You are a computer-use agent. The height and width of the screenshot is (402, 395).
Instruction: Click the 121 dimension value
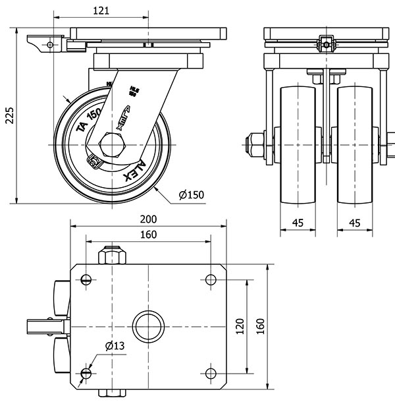[x=101, y=11]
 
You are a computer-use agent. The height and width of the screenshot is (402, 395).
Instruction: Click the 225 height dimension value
[x=9, y=115]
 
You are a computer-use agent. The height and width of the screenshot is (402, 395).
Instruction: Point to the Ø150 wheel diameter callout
[x=190, y=194]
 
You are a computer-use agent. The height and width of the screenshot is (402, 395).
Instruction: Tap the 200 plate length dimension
[x=147, y=219]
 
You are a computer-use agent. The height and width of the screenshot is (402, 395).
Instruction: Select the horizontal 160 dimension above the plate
[x=147, y=235]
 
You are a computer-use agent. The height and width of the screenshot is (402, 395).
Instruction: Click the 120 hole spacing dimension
[x=240, y=326]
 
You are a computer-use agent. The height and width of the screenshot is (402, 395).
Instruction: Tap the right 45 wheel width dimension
[x=354, y=223]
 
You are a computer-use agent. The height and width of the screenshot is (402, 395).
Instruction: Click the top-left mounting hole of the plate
[x=86, y=279]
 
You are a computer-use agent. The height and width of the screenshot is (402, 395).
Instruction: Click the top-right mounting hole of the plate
[x=211, y=279]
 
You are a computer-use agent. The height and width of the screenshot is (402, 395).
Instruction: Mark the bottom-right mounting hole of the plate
[x=211, y=374]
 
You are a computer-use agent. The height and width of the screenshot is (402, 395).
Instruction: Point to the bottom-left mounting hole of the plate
[x=86, y=374]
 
